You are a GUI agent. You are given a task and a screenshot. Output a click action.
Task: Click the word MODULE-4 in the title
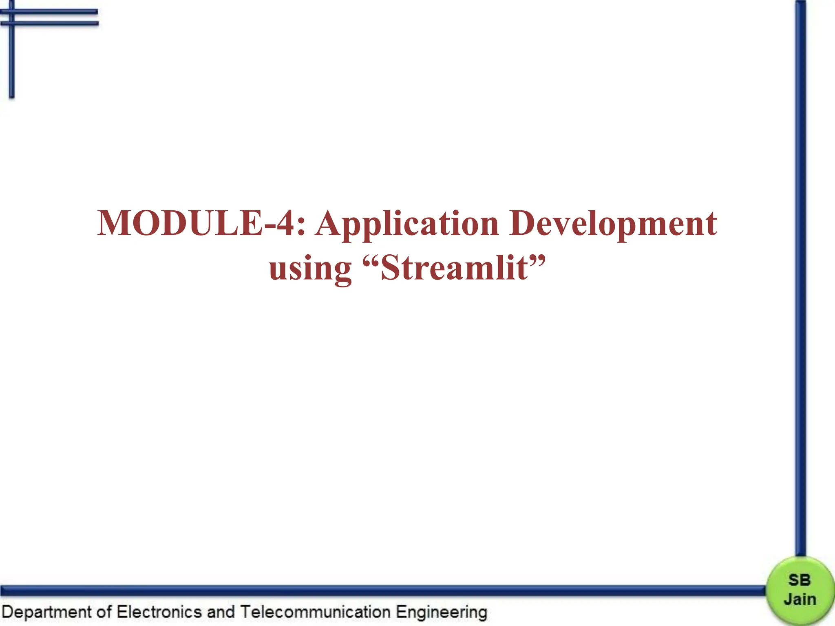click(x=196, y=223)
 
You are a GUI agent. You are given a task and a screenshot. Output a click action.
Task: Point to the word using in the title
click(x=310, y=269)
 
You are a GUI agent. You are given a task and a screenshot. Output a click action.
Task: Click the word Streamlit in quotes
click(x=454, y=268)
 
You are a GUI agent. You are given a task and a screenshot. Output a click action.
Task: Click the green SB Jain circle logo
click(x=799, y=591)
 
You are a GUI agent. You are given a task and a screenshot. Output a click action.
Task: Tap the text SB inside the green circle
click(x=799, y=580)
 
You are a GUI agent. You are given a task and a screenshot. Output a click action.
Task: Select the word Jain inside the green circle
click(x=800, y=599)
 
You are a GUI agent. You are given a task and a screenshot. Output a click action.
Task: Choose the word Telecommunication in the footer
click(x=315, y=612)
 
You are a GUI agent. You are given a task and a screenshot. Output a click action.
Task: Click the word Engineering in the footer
click(x=441, y=613)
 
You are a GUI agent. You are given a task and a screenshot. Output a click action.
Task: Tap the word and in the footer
click(x=221, y=612)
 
